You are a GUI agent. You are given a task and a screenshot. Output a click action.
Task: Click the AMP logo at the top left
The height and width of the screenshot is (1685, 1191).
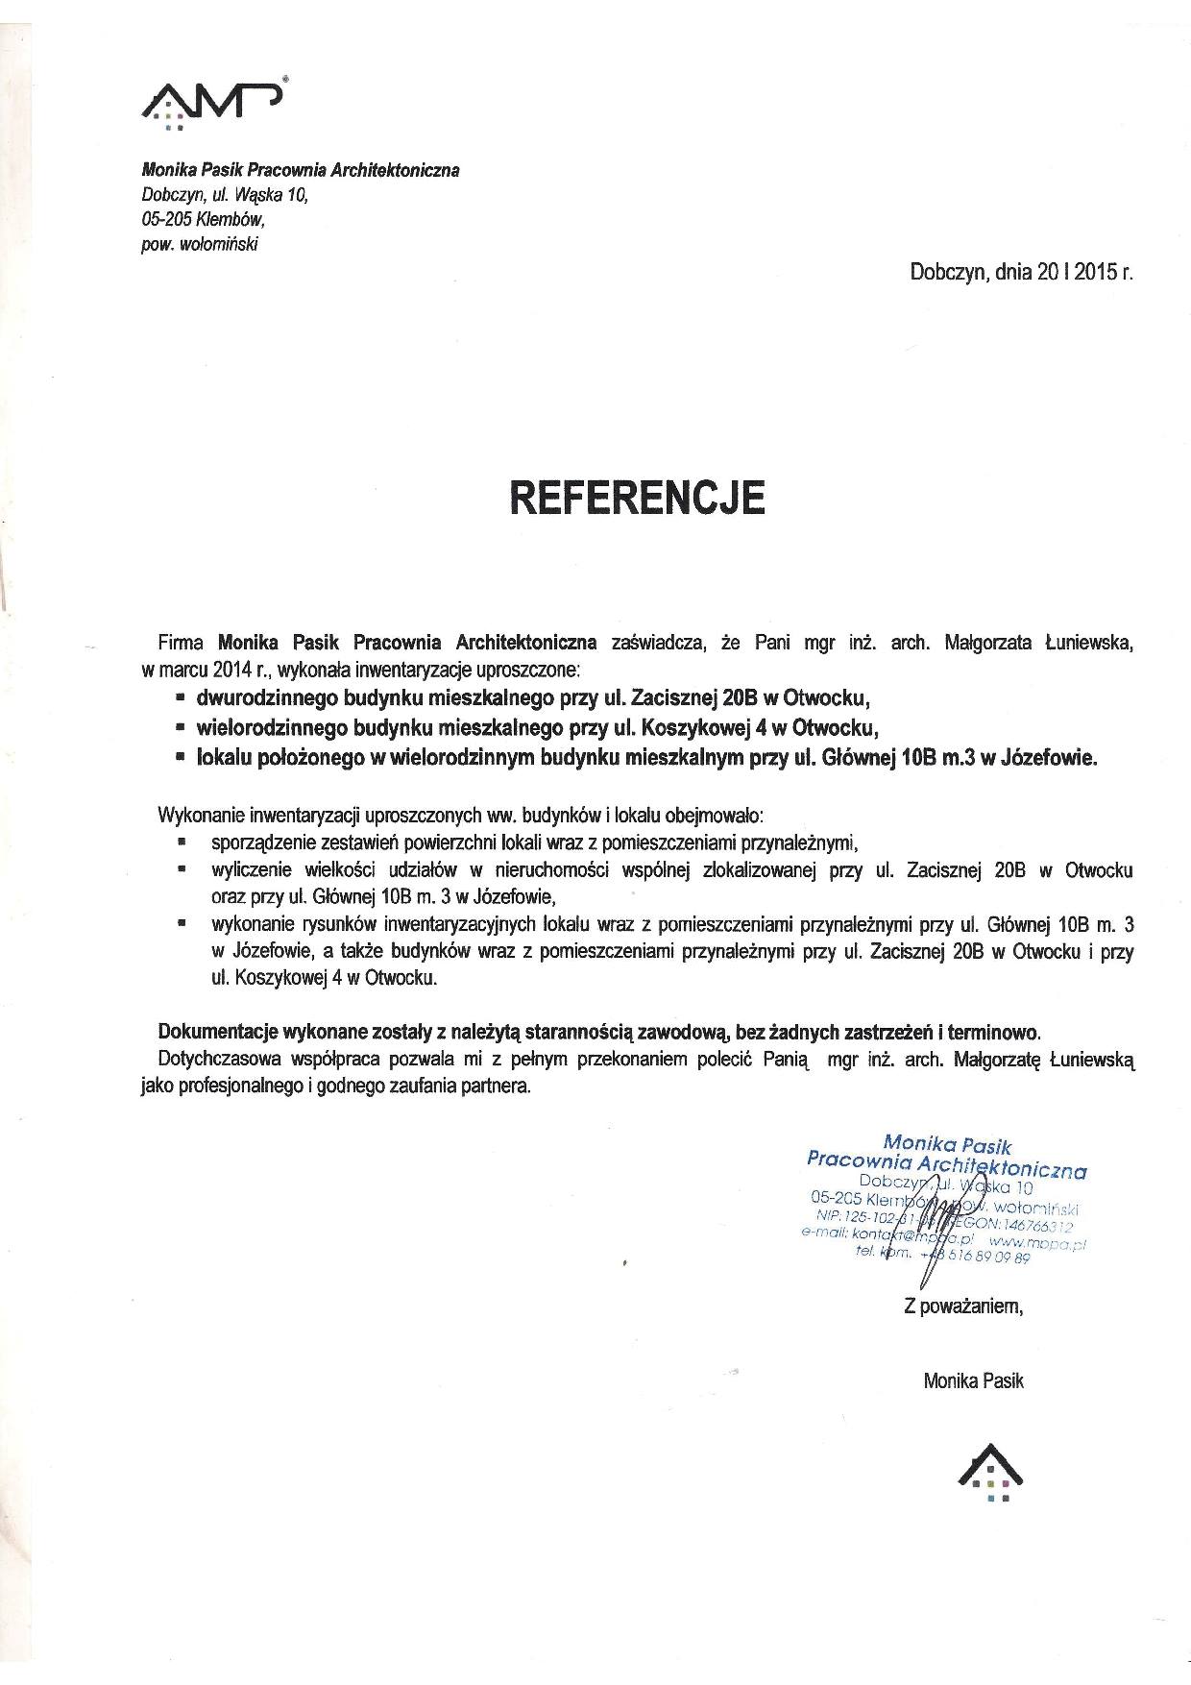point(211,100)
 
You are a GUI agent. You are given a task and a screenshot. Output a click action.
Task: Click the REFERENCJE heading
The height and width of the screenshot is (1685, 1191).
point(637,498)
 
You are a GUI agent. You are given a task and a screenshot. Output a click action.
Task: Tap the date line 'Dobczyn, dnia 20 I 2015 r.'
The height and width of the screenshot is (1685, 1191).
point(1021,272)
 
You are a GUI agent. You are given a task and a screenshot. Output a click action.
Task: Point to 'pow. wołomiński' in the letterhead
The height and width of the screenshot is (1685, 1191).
point(199,244)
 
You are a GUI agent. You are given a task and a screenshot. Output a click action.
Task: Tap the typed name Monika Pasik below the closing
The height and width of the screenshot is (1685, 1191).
point(973,1380)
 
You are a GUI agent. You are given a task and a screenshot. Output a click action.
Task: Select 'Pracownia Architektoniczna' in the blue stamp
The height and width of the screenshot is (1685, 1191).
point(946,1164)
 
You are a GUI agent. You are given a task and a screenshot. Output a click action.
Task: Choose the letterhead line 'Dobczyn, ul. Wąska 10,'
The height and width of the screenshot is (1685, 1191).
point(226,194)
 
